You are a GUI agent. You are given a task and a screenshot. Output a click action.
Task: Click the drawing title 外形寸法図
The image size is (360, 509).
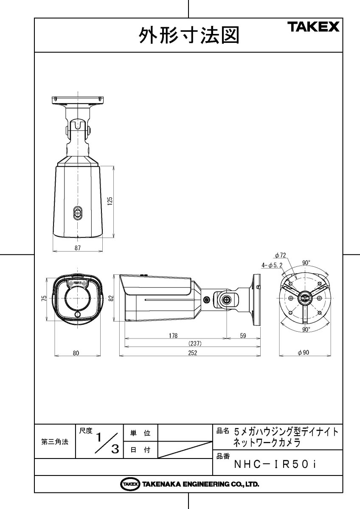click(188, 36)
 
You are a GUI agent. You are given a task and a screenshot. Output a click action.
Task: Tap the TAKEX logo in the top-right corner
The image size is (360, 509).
click(314, 27)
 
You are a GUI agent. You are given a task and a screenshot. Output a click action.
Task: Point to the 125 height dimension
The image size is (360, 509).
click(110, 201)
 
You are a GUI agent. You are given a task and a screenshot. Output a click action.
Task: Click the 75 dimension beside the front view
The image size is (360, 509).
click(44, 298)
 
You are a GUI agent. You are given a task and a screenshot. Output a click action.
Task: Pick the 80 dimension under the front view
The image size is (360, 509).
click(76, 352)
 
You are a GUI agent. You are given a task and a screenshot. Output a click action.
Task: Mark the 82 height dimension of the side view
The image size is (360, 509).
click(111, 298)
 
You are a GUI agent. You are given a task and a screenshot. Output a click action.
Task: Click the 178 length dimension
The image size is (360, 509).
click(173, 336)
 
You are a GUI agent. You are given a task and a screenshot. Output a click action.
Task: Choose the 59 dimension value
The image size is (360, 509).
click(243, 336)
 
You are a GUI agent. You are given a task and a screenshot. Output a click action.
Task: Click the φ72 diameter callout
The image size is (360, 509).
click(280, 255)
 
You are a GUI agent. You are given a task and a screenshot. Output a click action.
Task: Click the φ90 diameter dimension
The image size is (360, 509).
click(303, 352)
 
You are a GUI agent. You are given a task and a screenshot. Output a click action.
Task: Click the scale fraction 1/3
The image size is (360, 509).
click(106, 442)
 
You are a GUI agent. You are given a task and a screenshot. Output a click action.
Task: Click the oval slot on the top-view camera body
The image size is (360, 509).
click(77, 213)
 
